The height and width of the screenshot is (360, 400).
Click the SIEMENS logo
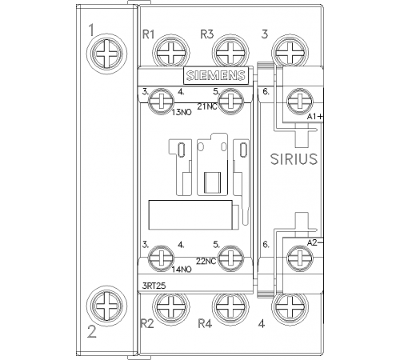pos(216,75)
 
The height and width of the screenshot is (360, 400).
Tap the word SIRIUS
pos(294,159)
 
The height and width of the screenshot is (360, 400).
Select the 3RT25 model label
pos(154,286)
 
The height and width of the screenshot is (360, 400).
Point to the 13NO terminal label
pos(182,112)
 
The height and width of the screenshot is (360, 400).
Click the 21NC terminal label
pos(207,106)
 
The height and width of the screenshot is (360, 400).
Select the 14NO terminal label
pos(182,270)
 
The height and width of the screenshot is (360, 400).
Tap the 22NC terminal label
pos(206,262)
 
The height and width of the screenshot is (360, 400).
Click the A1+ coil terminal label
pos(314,117)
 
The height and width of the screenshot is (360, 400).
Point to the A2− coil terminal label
pos(314,242)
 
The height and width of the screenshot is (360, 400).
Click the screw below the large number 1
pos(106,54)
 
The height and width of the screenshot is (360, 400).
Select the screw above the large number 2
pos(106,306)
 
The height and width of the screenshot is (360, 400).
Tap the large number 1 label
pos(91,30)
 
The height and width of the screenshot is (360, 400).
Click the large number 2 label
pos(92,332)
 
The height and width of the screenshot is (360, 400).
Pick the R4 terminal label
pos(205,324)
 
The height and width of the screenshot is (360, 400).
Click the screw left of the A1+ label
pos(300,102)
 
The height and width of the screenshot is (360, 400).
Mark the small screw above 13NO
pos(161,102)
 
